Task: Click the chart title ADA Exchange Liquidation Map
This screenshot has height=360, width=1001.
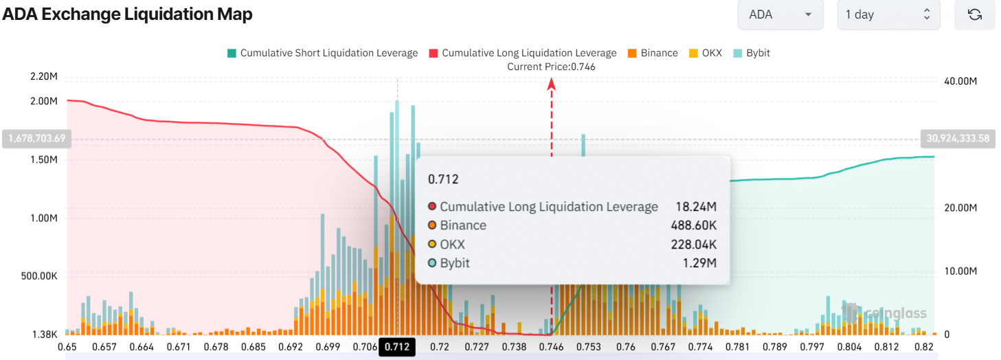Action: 127,14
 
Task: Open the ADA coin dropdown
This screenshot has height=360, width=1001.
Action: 780,14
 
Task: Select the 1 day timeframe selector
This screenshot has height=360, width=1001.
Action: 888,14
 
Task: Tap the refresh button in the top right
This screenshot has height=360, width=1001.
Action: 974,14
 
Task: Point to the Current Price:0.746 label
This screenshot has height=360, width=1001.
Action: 551,67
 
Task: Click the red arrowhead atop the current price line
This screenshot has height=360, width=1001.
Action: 551,84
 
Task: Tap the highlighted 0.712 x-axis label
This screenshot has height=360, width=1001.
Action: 397,347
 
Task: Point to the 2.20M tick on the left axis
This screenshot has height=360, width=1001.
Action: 44,76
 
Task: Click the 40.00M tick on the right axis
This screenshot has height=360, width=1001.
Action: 961,82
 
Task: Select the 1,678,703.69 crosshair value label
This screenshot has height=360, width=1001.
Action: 37,139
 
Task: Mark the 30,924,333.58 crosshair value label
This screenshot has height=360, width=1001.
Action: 958,139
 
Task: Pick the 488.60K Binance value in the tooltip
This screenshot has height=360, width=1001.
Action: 693,225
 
